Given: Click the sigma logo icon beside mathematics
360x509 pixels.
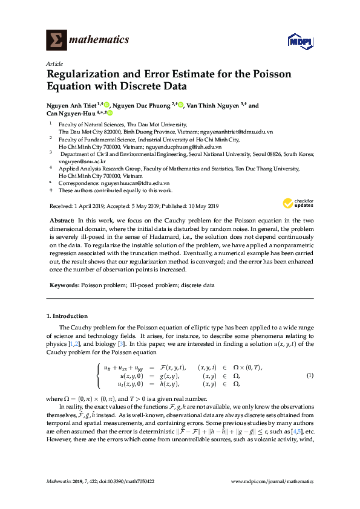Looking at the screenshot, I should tap(56, 40).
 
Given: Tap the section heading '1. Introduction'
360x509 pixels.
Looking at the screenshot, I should tap(67, 316).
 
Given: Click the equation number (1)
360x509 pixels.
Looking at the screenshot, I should tap(310, 375).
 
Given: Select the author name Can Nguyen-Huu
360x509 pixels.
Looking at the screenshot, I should tap(68, 113).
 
